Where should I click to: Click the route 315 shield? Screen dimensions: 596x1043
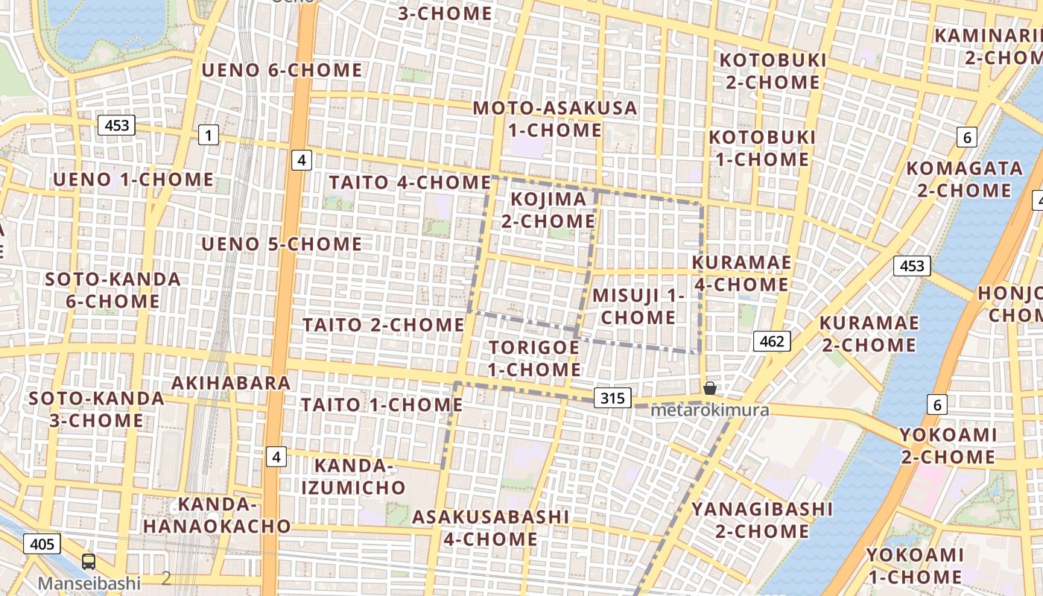click(x=612, y=398)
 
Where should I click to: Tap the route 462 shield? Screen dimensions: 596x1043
click(x=772, y=341)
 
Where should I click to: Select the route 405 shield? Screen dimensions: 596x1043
click(x=42, y=544)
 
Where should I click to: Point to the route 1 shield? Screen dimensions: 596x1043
click(x=209, y=135)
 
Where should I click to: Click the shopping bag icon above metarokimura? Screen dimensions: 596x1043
click(x=710, y=387)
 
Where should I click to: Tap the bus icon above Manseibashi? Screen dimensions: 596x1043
click(x=89, y=562)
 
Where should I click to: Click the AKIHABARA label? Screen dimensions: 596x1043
click(x=231, y=383)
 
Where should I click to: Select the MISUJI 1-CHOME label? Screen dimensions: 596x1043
click(x=638, y=306)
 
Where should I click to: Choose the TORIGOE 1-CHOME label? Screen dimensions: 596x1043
click(x=534, y=358)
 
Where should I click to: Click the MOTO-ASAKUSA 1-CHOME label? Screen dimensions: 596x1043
click(x=556, y=119)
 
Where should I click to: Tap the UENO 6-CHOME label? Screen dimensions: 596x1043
click(x=282, y=71)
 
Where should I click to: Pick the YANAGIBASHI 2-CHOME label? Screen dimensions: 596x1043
click(x=762, y=520)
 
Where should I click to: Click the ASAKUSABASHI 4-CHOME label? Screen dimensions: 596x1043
click(x=491, y=527)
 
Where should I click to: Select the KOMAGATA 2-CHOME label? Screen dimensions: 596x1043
click(x=964, y=179)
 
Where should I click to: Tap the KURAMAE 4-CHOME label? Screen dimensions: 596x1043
click(x=741, y=273)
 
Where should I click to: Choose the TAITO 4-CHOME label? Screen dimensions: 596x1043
click(x=410, y=183)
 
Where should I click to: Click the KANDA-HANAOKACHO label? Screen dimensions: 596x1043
click(x=217, y=515)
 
